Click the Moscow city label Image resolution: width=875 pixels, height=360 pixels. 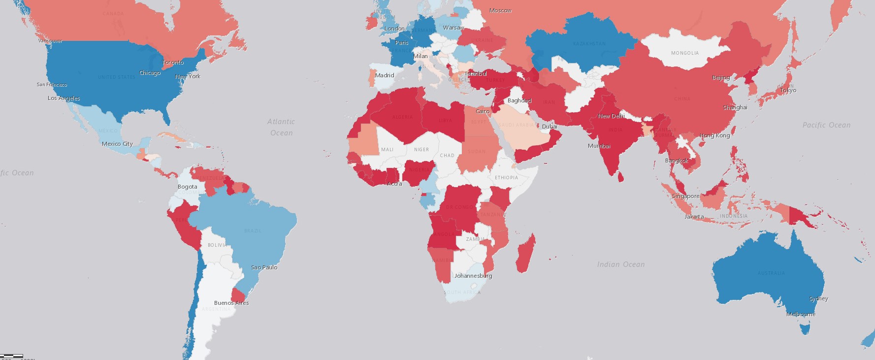tap(500, 10)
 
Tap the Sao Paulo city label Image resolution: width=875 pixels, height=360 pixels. tap(264, 267)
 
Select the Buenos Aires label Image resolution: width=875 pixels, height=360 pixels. tap(231, 303)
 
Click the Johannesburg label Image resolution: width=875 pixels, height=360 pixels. tap(473, 276)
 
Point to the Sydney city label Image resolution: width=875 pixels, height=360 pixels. tap(818, 299)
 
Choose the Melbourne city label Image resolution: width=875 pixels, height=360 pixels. tap(801, 314)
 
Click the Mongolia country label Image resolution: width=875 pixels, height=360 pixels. tap(684, 53)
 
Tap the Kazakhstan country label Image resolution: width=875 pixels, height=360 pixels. tap(589, 44)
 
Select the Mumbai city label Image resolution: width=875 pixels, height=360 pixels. tap(599, 146)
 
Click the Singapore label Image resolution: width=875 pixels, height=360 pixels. tap(685, 196)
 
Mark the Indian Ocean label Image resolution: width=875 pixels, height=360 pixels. tap(620, 264)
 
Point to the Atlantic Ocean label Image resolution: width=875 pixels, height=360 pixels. tap(281, 127)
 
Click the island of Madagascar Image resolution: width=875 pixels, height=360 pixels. tap(525, 254)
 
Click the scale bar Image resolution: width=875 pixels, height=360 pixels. tap(11, 356)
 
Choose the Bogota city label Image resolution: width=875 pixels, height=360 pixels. tap(187, 187)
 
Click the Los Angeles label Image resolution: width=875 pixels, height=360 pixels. tap(64, 98)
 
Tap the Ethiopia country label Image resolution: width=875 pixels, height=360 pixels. tap(506, 178)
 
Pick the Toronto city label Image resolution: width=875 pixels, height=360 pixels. tap(173, 63)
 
